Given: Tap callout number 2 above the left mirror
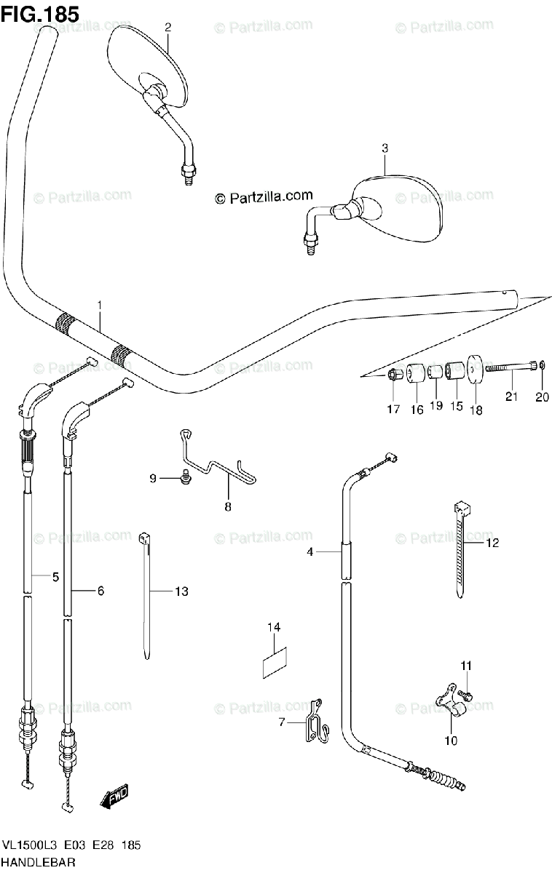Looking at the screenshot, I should click(167, 28).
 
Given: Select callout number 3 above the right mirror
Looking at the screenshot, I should click(385, 148).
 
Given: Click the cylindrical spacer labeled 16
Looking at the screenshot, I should click(416, 373).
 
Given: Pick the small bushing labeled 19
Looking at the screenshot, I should click(435, 372).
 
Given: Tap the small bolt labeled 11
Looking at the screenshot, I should click(466, 695).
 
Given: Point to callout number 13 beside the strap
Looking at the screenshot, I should click(181, 591).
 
